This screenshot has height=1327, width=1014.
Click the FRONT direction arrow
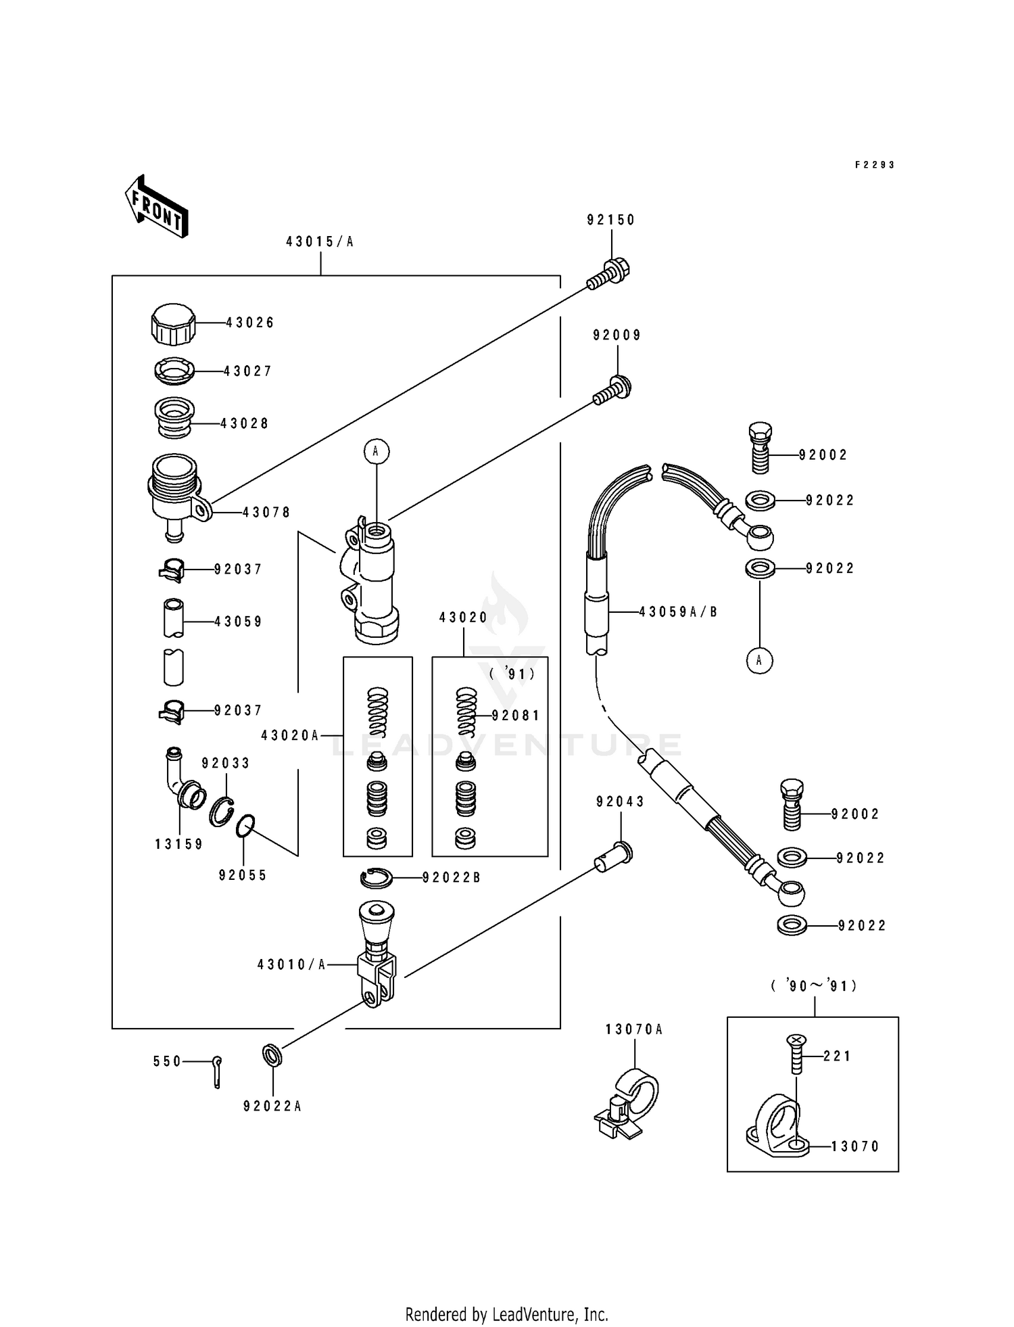coord(155,206)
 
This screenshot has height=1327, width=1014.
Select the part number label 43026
coord(250,323)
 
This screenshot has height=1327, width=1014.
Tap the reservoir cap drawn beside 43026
coord(173,324)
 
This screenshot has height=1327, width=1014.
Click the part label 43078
coord(266,513)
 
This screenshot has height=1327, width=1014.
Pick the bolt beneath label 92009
coord(612,390)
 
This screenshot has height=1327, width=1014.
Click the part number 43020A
coord(290,735)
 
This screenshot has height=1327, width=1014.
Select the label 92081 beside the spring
coord(516,716)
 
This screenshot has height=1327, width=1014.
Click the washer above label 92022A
coord(272,1054)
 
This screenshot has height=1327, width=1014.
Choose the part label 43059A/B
coord(678,612)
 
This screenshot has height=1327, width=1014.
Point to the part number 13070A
coord(634,1029)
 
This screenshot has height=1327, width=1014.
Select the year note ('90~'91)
coord(814,986)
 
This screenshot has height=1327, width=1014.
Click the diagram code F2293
coord(875,165)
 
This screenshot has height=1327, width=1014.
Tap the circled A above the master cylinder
coord(377,451)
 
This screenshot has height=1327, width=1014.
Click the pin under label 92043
coord(614,856)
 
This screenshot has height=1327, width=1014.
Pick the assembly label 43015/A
coord(320,241)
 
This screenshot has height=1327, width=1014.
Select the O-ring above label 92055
coord(245,826)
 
